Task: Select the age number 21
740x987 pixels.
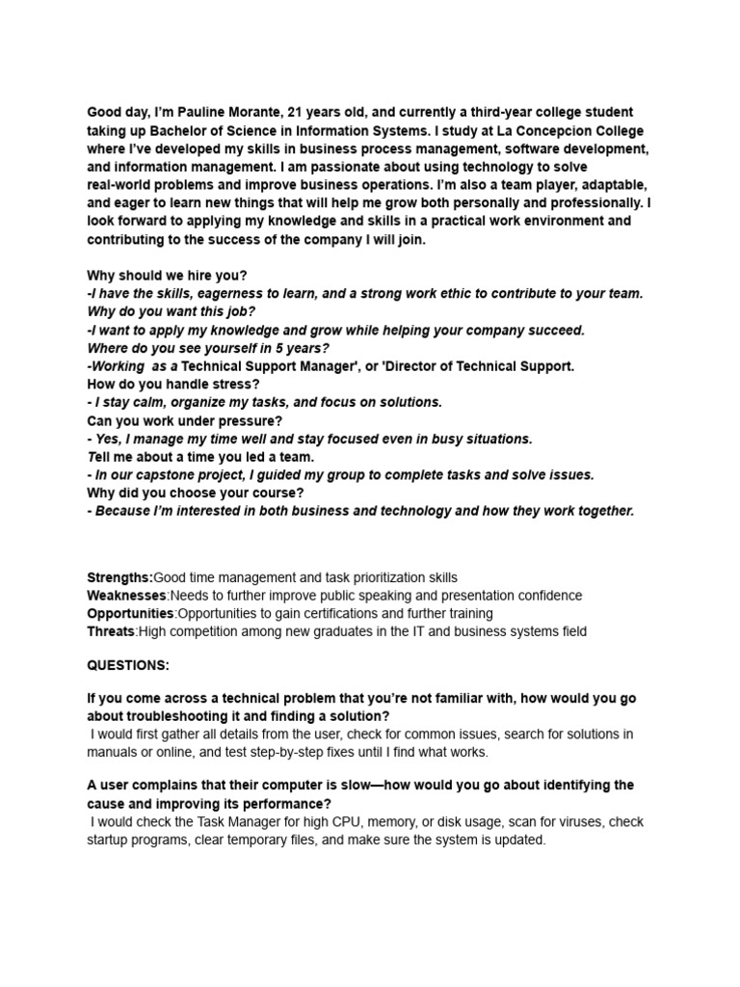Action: pos(298,113)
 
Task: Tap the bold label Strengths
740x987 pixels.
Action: pos(119,577)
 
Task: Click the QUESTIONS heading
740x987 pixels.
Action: pos(128,666)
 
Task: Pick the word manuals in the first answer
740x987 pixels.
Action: pos(113,752)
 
